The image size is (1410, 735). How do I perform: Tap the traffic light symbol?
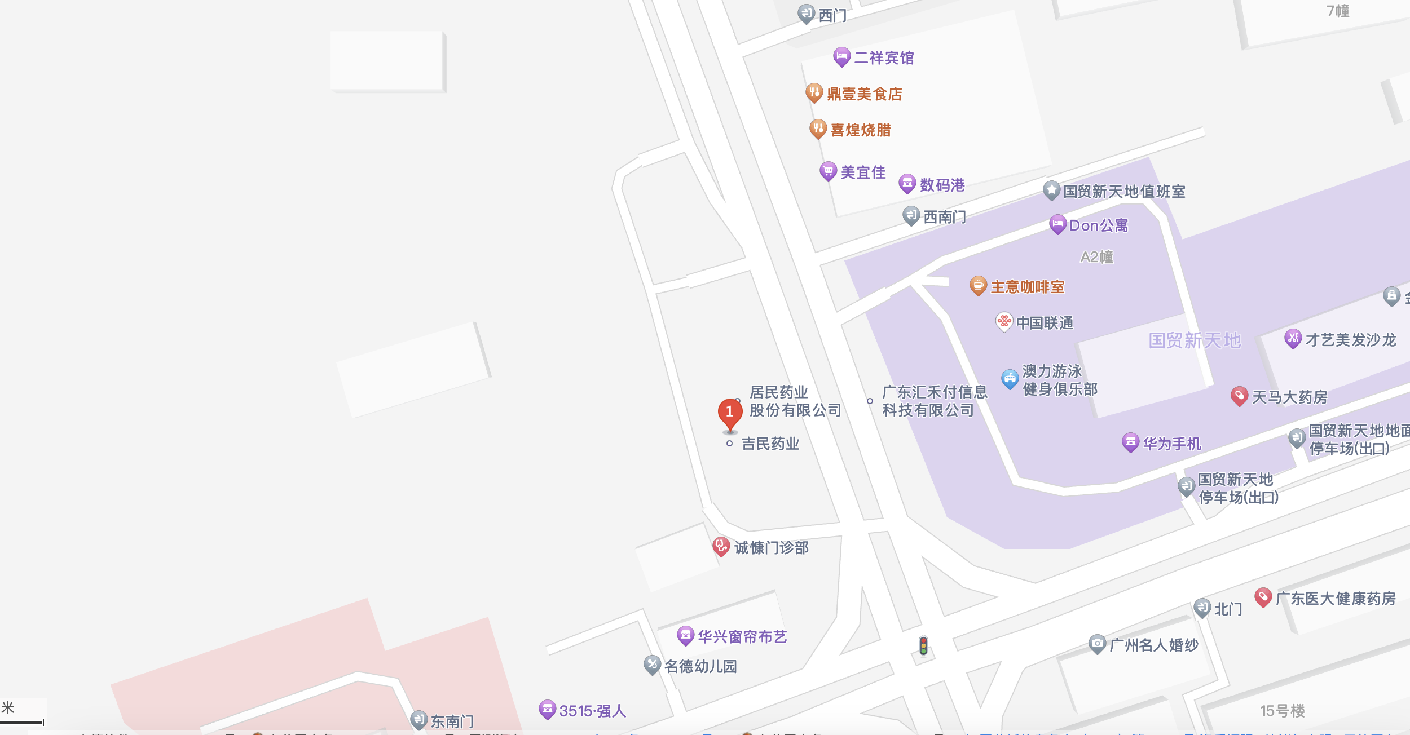point(923,646)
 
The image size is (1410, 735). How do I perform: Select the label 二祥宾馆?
point(884,58)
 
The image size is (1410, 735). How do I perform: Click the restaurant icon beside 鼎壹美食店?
point(814,92)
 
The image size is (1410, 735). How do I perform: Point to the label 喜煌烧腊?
point(861,130)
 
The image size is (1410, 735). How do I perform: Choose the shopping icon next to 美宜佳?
point(827,171)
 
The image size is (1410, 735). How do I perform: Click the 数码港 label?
point(942,185)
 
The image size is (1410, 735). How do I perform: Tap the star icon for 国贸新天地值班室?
point(1051,190)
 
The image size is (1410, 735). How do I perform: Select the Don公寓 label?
point(1099,225)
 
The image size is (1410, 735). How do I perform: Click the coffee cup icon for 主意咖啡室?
point(978,285)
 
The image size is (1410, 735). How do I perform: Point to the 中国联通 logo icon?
point(1004,322)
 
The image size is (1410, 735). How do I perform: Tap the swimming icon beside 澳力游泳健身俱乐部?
point(1010,379)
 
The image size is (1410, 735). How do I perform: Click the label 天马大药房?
point(1289,397)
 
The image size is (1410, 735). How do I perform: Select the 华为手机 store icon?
point(1130,442)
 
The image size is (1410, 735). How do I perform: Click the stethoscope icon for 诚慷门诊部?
point(721,546)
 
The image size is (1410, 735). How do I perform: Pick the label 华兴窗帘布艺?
point(742,637)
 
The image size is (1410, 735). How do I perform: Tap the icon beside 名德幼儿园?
point(652,665)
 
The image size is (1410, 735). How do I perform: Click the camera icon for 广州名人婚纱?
point(1097,643)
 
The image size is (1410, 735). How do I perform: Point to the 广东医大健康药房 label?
point(1336,599)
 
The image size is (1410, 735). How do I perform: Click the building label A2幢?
point(1096,257)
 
